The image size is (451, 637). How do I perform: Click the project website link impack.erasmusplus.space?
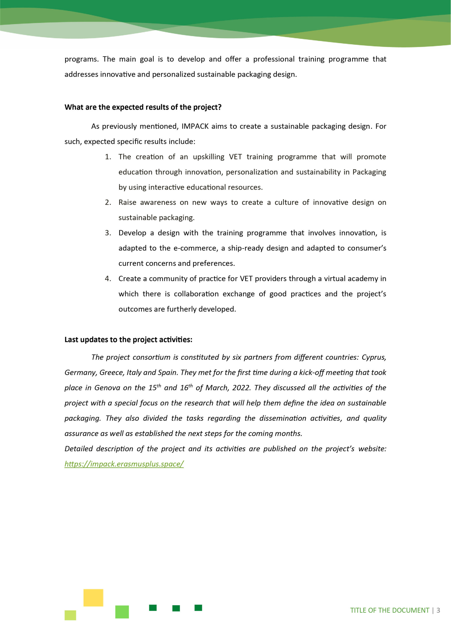pyautogui.click(x=124, y=464)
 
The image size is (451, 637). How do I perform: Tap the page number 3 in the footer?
pyautogui.click(x=438, y=610)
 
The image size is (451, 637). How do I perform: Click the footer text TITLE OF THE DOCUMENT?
pyautogui.click(x=390, y=610)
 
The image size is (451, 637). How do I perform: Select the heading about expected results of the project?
pyautogui.click(x=143, y=107)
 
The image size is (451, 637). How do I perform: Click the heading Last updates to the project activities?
pyautogui.click(x=128, y=340)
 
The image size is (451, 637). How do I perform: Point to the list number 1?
pyautogui.click(x=108, y=157)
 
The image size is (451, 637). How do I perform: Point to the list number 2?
pyautogui.click(x=108, y=203)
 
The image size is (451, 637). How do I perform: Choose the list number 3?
pyautogui.click(x=108, y=233)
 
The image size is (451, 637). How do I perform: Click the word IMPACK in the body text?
pyautogui.click(x=195, y=126)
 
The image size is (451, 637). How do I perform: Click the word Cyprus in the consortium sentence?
pyautogui.click(x=374, y=357)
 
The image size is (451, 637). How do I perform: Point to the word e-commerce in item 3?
pyautogui.click(x=195, y=248)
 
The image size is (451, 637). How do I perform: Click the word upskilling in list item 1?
pyautogui.click(x=208, y=157)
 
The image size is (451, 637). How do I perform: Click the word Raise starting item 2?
pyautogui.click(x=127, y=203)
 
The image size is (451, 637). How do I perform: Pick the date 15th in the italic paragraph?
pyautogui.click(x=154, y=388)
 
